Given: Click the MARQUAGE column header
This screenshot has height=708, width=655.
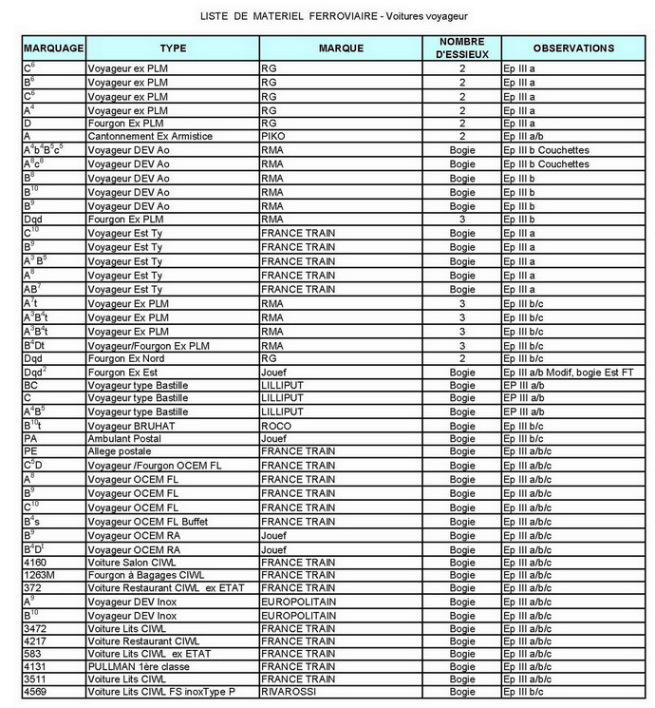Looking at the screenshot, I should [53, 48].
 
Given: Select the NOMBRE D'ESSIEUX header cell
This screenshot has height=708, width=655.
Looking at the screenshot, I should [462, 48].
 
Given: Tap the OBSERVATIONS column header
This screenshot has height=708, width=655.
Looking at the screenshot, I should [572, 48].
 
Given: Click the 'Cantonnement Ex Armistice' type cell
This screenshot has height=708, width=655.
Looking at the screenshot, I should [149, 137].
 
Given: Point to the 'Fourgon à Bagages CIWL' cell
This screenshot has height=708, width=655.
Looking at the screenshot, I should [145, 575].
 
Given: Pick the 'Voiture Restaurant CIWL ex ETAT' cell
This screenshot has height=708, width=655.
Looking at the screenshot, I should [164, 589].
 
